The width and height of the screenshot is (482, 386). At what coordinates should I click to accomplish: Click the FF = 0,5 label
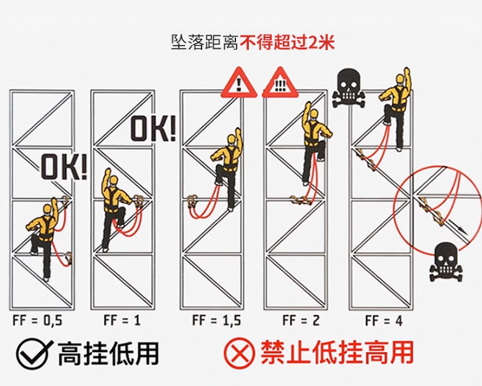37,320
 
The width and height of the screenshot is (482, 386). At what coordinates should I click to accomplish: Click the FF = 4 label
384,320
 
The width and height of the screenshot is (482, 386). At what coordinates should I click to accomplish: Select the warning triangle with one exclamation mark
239,84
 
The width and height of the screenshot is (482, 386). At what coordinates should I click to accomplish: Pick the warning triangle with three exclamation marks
280,84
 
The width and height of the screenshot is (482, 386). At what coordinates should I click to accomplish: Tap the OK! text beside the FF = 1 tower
154,128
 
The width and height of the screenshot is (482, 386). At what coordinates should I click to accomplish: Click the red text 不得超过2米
287,43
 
